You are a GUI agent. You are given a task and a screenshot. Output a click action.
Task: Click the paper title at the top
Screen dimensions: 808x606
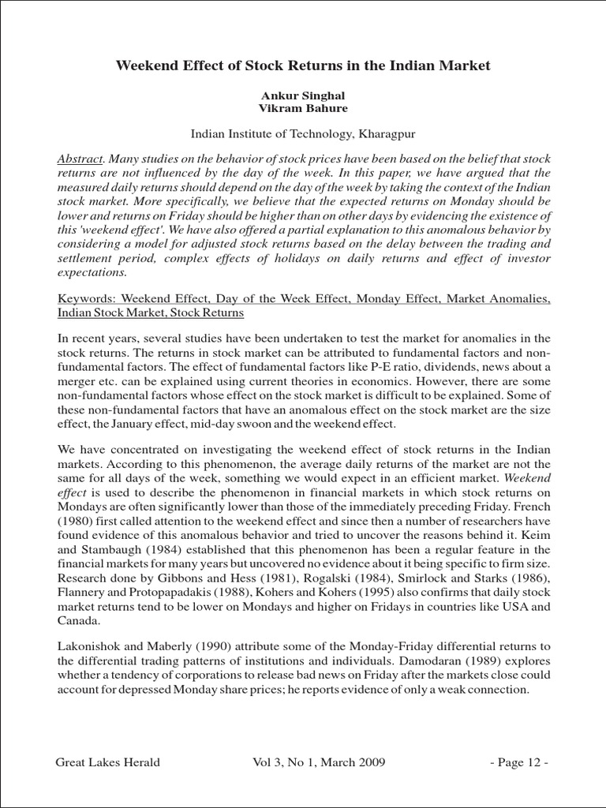[303, 65]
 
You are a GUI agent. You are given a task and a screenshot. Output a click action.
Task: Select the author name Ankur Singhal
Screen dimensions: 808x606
[303, 95]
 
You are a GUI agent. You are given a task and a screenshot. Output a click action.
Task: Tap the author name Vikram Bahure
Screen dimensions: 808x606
[303, 108]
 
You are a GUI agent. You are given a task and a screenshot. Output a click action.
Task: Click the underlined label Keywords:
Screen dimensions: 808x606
[88, 300]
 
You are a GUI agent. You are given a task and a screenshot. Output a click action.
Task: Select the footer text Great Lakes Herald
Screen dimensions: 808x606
[107, 762]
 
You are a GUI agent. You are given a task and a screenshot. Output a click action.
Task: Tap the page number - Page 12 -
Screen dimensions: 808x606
[518, 762]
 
